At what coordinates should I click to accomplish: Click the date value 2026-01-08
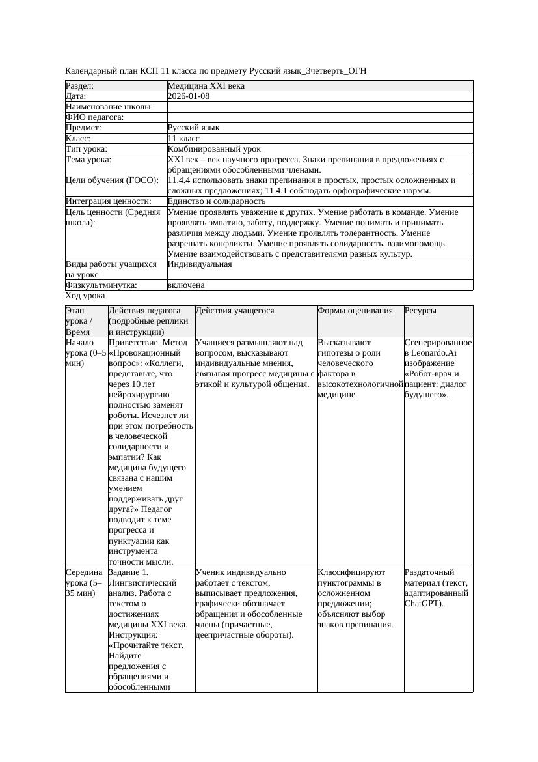click(188, 96)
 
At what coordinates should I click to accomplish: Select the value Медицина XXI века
click(206, 86)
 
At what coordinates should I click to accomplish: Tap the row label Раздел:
click(80, 86)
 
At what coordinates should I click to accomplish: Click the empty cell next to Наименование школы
click(319, 107)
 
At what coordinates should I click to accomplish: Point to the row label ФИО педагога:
click(95, 117)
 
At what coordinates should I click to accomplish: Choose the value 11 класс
click(183, 139)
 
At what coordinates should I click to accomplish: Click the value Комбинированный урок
click(214, 149)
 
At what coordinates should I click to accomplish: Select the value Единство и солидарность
click(217, 202)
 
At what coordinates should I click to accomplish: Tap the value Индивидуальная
click(200, 264)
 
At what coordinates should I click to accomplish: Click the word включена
click(186, 285)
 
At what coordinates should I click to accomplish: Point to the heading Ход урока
click(85, 296)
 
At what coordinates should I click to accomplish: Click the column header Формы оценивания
click(355, 311)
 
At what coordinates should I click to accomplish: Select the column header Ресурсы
click(420, 311)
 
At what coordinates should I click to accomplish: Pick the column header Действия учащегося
click(235, 311)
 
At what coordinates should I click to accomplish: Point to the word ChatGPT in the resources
click(423, 604)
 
